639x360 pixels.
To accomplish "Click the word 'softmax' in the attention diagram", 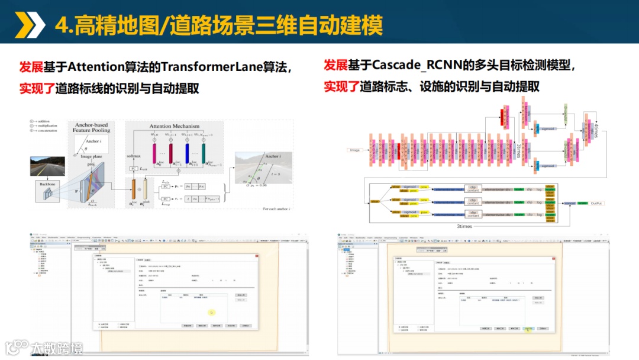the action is click(x=134, y=156).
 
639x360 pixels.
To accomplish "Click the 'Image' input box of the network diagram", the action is click(x=354, y=150).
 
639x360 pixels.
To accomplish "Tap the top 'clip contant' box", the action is click(x=473, y=188).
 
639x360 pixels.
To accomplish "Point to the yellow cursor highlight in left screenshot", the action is click(x=211, y=311).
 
